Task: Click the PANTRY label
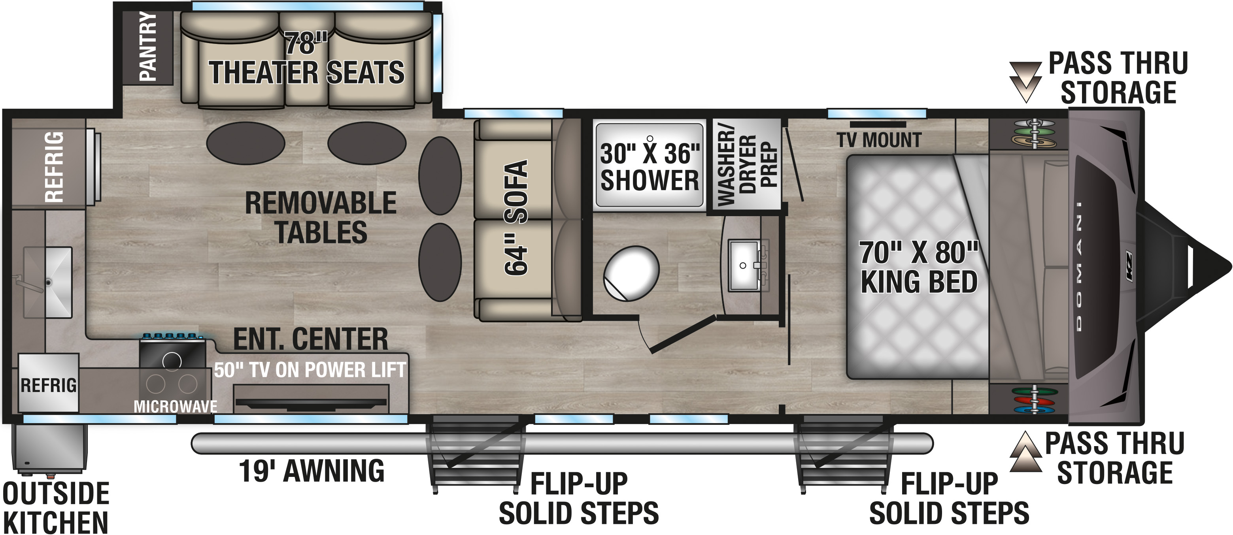(x=147, y=46)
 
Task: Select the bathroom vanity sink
(x=744, y=266)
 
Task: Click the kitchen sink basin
(x=48, y=283)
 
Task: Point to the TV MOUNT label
(x=879, y=140)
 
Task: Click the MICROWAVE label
(x=175, y=406)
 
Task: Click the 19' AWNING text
(x=312, y=471)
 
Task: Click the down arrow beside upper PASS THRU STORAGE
(x=1025, y=81)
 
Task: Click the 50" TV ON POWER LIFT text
(x=310, y=370)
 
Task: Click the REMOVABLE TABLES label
(x=321, y=218)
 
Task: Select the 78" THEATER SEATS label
(x=306, y=58)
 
